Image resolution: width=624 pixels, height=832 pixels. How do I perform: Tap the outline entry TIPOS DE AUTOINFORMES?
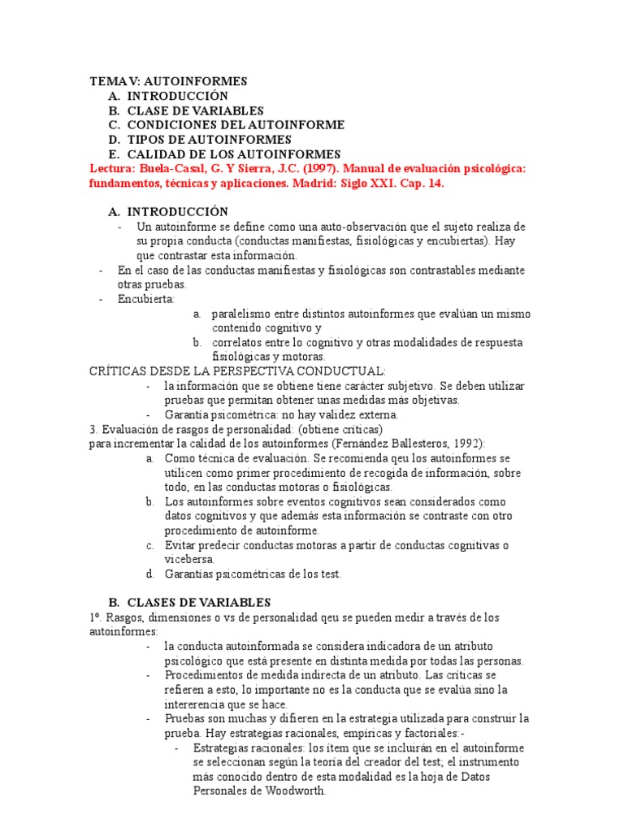(204, 140)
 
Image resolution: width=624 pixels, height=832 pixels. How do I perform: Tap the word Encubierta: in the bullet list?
(146, 299)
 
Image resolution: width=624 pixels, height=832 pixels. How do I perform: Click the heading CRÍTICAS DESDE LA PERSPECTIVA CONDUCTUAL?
(232, 370)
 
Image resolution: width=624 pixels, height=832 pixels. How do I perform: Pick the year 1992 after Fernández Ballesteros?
(466, 443)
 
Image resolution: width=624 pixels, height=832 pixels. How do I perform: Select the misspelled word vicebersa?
(190, 559)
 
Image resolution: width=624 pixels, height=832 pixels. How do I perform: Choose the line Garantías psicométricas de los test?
(253, 574)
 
